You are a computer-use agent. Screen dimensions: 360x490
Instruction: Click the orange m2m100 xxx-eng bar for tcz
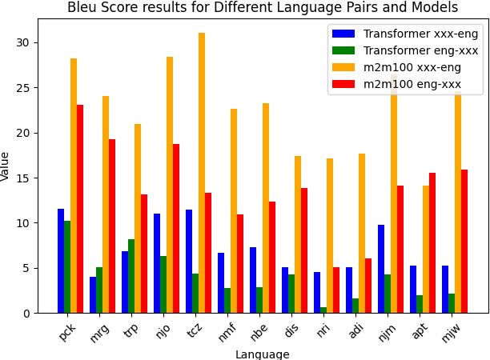(x=202, y=173)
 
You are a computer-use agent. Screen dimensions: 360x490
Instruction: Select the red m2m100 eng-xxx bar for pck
(x=80, y=209)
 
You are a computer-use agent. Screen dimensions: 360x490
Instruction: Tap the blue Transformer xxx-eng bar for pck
(x=61, y=261)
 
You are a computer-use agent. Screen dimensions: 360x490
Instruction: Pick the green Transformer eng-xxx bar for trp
(x=131, y=276)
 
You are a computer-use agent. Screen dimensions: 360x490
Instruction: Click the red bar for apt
(x=432, y=242)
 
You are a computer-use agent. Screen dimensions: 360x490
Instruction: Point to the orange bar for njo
(x=170, y=185)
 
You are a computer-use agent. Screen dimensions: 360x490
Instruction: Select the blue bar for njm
(x=381, y=269)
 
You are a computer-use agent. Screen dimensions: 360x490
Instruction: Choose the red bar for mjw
(x=464, y=241)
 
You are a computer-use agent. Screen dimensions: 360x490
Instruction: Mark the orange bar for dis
(x=298, y=234)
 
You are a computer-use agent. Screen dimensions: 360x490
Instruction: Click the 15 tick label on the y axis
(x=26, y=178)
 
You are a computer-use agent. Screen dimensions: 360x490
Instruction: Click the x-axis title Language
(x=263, y=354)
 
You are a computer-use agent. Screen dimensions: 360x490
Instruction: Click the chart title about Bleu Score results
(x=263, y=8)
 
